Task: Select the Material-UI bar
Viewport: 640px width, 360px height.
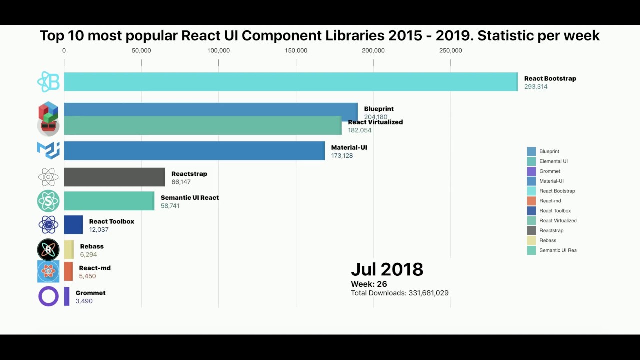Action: (194, 151)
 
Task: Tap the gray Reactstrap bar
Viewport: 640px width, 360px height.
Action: (114, 177)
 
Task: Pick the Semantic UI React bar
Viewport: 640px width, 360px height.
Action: (109, 201)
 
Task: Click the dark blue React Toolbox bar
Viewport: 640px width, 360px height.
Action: (73, 225)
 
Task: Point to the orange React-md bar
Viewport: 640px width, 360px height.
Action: (68, 271)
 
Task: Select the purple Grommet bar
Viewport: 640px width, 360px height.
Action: (67, 296)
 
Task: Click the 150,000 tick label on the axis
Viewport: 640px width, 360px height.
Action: (296, 50)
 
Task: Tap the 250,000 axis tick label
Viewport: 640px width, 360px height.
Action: (450, 50)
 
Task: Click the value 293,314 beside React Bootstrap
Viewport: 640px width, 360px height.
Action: (536, 87)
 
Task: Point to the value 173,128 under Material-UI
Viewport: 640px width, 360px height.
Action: (342, 156)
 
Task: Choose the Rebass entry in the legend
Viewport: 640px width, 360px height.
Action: (548, 240)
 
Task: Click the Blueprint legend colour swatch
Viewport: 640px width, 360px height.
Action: (531, 151)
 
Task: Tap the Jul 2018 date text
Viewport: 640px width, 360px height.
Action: (387, 269)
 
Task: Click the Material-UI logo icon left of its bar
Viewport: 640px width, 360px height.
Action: (48, 150)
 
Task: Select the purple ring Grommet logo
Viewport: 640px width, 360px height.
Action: (48, 296)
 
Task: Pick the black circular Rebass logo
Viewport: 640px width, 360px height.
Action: (48, 249)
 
